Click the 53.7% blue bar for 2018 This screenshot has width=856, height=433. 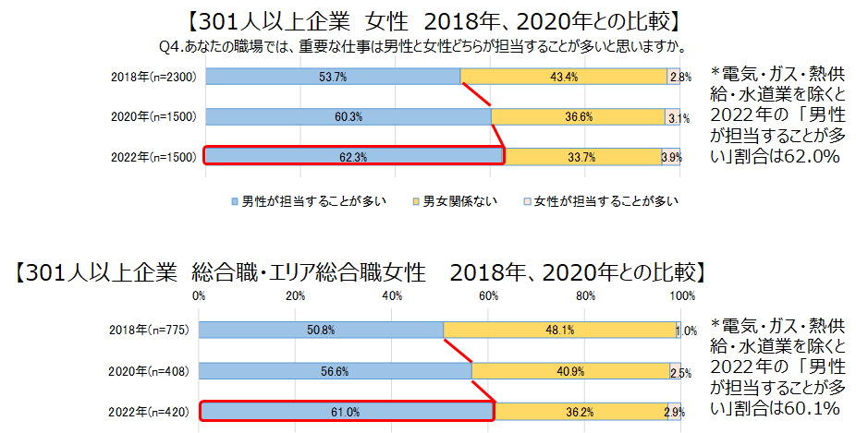pos(332,78)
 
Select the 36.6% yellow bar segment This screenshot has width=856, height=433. pos(577,117)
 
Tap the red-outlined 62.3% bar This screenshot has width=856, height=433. pos(353,156)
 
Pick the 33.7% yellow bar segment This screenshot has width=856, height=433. pos(582,157)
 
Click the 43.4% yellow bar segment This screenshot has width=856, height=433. pos(563,78)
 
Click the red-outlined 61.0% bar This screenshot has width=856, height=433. pos(347,410)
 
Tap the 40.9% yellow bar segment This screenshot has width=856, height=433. pos(570,371)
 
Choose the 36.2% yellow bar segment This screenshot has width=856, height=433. pos(580,410)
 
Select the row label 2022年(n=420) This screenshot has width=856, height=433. pos(149,411)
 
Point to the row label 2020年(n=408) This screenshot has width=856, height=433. pos(149,371)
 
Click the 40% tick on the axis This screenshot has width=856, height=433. pos(392,296)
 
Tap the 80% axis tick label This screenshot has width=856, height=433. pos(585,296)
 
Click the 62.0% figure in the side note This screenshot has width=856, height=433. pos(811,157)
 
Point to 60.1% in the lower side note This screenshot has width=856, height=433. pos(811,408)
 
